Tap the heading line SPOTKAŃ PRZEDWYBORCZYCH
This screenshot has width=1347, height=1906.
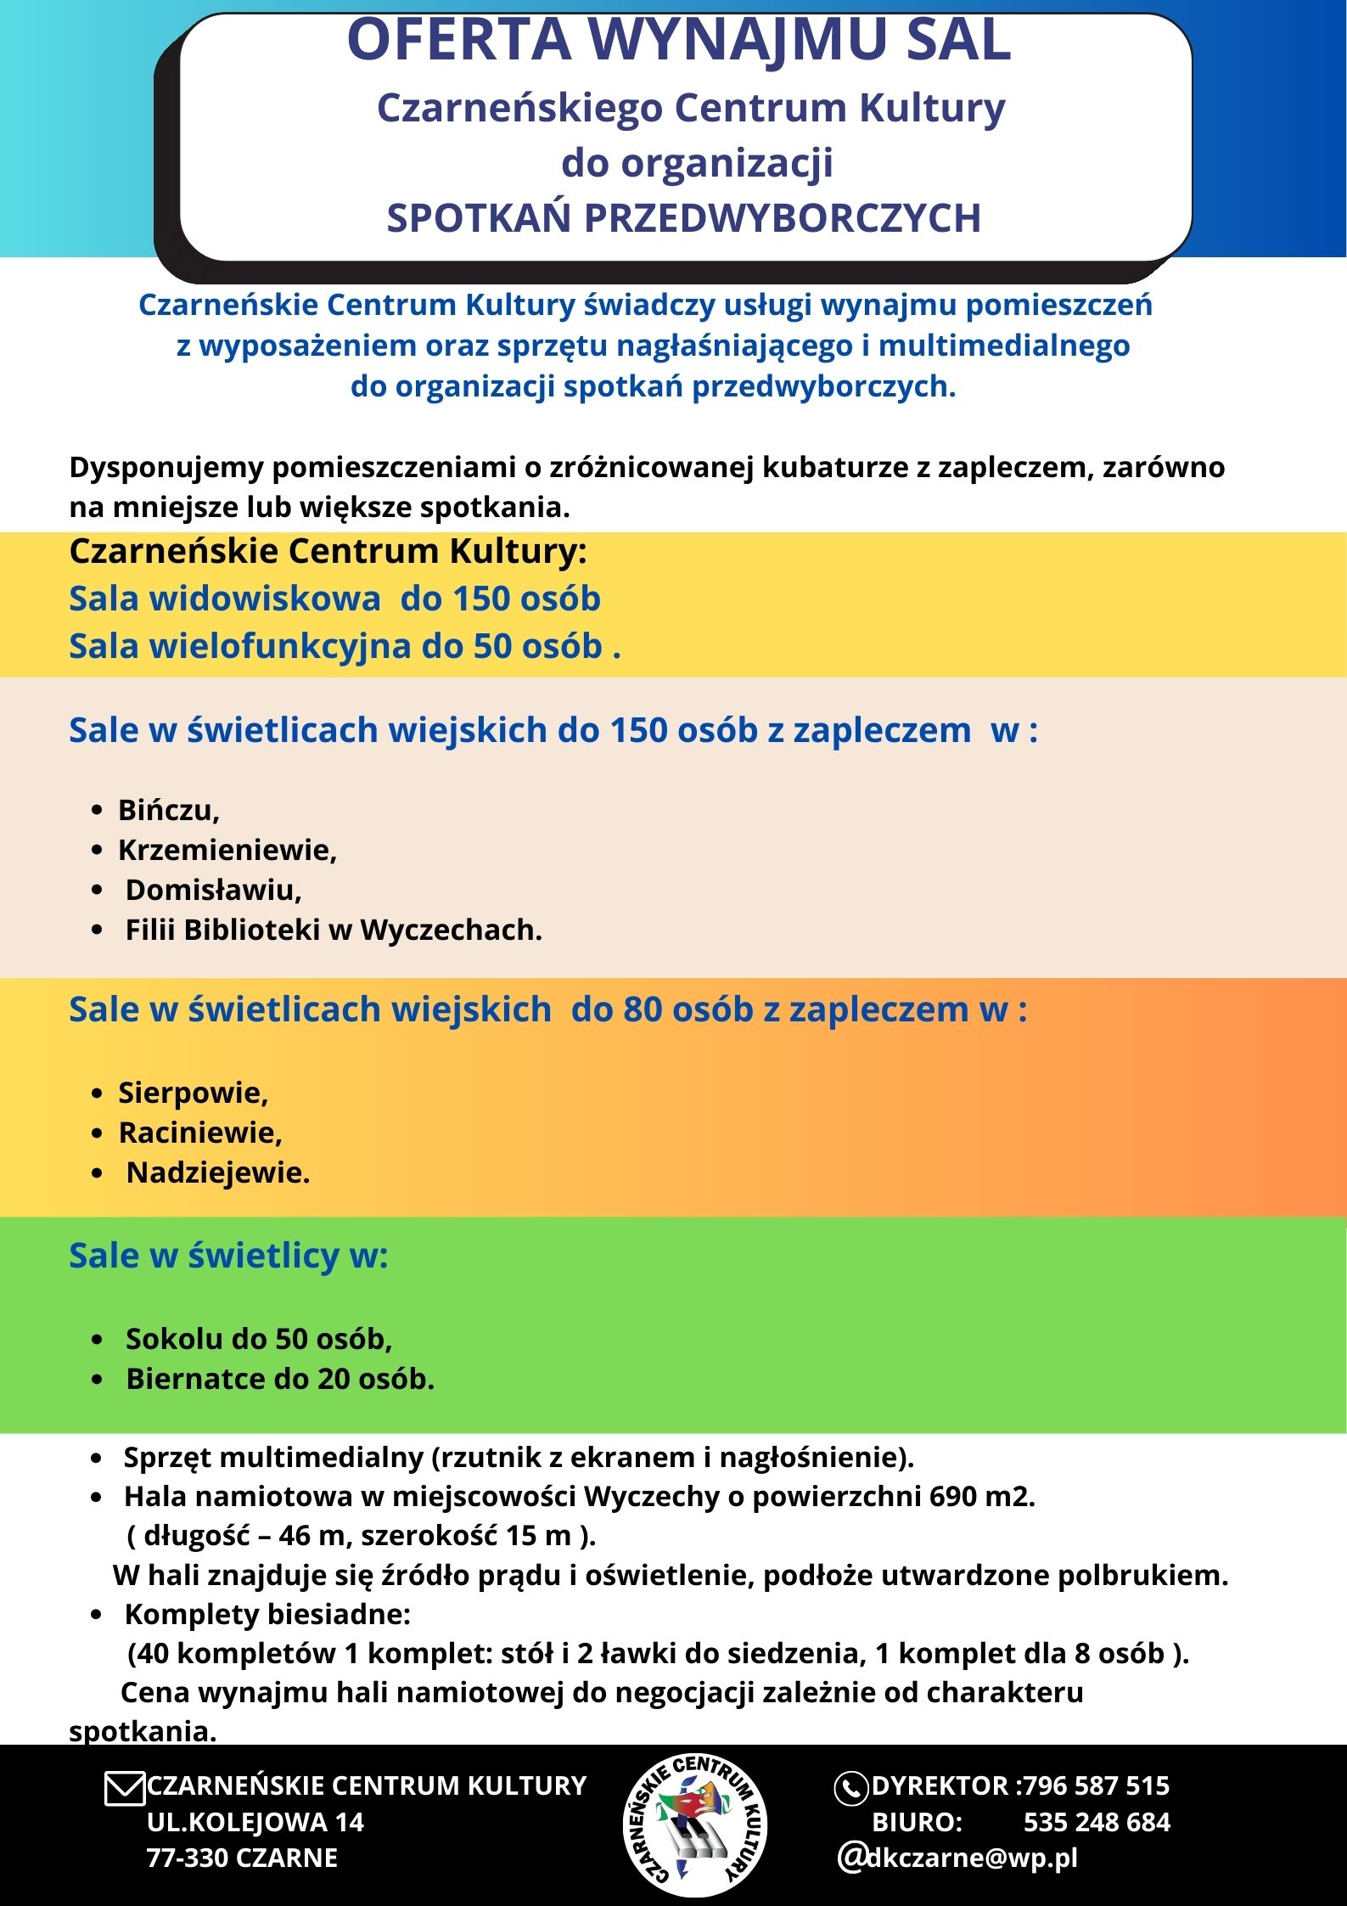[x=683, y=218]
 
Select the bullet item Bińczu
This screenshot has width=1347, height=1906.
[x=168, y=810]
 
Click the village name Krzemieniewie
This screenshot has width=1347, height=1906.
[x=227, y=850]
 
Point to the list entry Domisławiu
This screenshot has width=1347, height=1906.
[x=213, y=890]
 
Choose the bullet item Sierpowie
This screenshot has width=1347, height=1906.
[x=193, y=1093]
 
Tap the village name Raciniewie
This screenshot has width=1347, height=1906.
[x=199, y=1133]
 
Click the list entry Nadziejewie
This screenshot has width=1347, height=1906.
[x=218, y=1172]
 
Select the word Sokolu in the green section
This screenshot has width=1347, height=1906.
[x=173, y=1339]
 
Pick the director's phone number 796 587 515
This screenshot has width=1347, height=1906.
[x=1096, y=1785]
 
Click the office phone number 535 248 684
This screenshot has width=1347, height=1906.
[x=1097, y=1822]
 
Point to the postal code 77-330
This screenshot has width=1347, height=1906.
[x=188, y=1858]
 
